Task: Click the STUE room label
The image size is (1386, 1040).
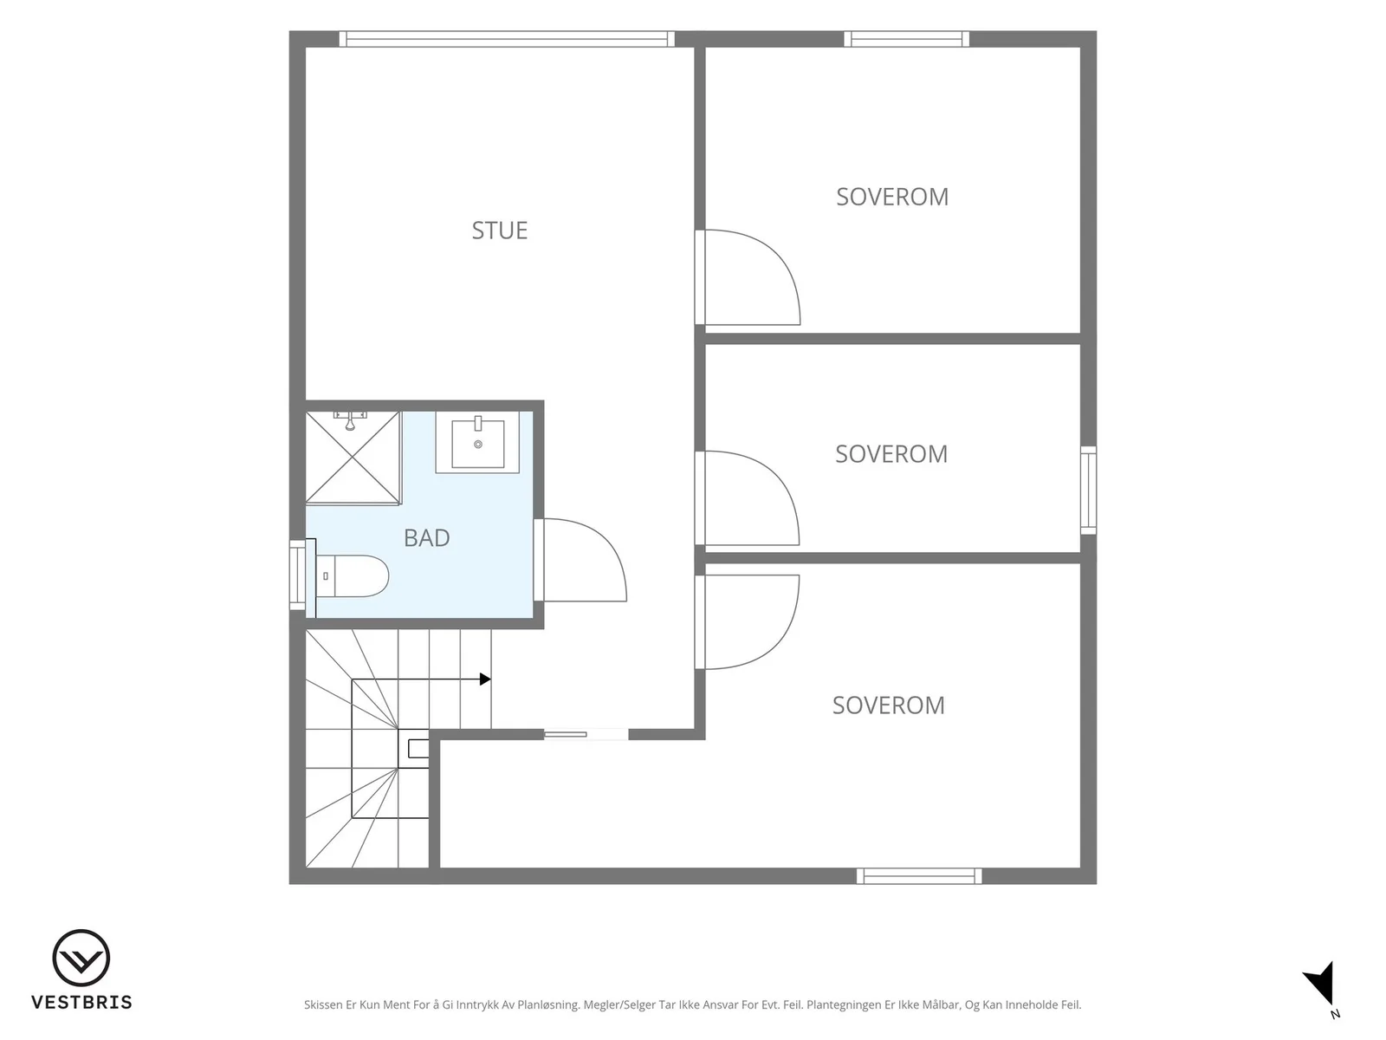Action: (500, 231)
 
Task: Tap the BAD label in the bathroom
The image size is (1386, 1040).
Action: (427, 538)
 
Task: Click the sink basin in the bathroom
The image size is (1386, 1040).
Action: (477, 442)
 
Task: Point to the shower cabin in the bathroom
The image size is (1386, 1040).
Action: (353, 458)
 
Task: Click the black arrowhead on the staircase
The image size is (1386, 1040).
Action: (485, 679)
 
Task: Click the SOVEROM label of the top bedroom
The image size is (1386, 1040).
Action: (892, 197)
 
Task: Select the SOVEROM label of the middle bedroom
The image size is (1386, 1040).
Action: (891, 454)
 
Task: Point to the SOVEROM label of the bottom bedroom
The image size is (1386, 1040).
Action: (889, 705)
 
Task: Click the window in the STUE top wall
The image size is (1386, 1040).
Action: (507, 39)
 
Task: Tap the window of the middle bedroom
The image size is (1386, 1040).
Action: (1089, 490)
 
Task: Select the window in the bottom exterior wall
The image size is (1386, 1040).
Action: (919, 876)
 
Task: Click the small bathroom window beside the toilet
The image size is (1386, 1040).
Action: (297, 575)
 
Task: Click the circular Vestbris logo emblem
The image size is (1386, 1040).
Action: (81, 958)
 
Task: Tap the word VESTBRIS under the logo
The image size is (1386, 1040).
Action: (81, 1002)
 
